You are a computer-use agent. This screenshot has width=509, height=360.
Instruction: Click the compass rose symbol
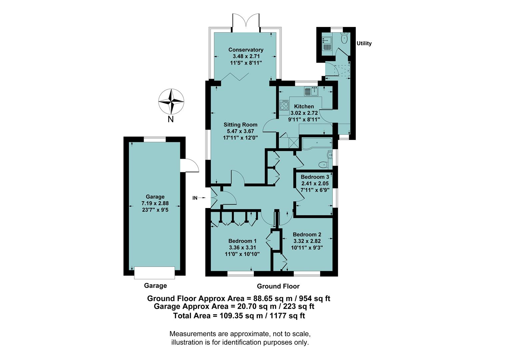[x=171, y=101]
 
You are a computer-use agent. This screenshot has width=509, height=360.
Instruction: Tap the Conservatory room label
[x=246, y=50]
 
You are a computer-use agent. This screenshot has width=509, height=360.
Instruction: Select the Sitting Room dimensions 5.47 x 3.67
[x=241, y=131]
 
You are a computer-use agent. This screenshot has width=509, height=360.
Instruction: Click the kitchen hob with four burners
[x=284, y=106]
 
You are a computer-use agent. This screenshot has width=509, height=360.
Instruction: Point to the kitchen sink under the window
[x=311, y=91]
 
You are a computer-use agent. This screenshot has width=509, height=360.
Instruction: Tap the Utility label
[x=364, y=43]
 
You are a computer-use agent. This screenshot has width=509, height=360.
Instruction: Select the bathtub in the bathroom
[x=316, y=143]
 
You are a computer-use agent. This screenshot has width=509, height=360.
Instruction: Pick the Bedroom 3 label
[x=315, y=177]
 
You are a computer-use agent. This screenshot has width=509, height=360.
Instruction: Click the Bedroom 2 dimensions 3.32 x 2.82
[x=307, y=241]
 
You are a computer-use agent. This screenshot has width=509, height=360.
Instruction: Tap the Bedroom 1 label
[x=243, y=241]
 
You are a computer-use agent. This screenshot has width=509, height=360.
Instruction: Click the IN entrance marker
[x=195, y=198]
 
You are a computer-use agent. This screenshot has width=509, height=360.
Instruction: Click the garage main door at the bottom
[x=154, y=272]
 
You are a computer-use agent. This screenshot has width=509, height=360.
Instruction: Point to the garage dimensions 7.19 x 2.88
[x=155, y=203]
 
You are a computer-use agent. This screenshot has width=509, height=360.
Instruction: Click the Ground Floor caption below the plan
[x=278, y=286]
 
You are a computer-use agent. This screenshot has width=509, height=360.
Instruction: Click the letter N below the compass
[x=171, y=119]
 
